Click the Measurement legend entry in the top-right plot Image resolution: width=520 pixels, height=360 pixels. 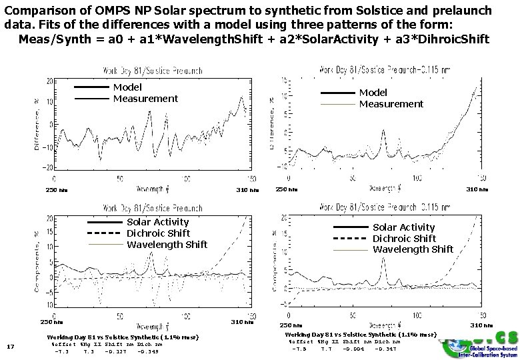tap(391, 103)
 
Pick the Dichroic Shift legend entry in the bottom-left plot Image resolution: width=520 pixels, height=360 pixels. tap(158, 233)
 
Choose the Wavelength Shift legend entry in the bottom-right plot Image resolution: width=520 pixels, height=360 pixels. tap(413, 249)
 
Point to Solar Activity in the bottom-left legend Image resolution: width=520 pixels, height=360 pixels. tap(157, 222)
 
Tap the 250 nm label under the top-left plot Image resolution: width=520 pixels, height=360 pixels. tap(56, 190)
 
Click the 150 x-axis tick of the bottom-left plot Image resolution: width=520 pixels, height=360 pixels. tap(251, 316)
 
